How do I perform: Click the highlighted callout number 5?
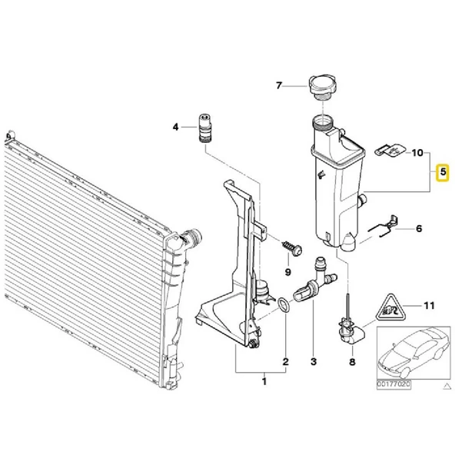pyautogui.click(x=443, y=172)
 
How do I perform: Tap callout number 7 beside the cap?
pyautogui.click(x=279, y=85)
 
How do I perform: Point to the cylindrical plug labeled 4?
pyautogui.click(x=205, y=128)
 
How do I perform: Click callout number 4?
pyautogui.click(x=175, y=127)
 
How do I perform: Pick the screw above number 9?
pyautogui.click(x=292, y=248)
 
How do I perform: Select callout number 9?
pyautogui.click(x=288, y=272)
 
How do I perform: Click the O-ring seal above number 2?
pyautogui.click(x=283, y=306)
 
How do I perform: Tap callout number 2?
pyautogui.click(x=286, y=362)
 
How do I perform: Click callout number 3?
pyautogui.click(x=314, y=362)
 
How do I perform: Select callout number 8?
pyautogui.click(x=352, y=362)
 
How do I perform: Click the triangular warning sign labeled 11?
pyautogui.click(x=390, y=308)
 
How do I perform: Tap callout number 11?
pyautogui.click(x=429, y=306)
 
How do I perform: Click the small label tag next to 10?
pyautogui.click(x=390, y=150)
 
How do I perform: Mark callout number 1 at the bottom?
pyautogui.click(x=264, y=381)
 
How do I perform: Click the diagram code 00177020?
pyautogui.click(x=394, y=384)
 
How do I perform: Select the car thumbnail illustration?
pyautogui.click(x=413, y=353)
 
